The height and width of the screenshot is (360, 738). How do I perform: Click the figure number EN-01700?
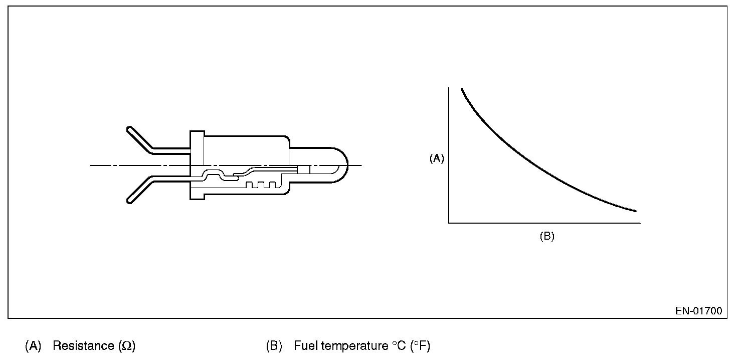pos(698,311)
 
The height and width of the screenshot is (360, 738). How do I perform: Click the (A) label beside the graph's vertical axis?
pos(437,158)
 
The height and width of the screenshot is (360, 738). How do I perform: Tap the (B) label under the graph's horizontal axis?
pos(546,237)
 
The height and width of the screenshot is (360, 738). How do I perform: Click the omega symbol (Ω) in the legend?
pos(127,346)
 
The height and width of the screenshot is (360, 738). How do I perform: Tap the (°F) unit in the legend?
pos(420,346)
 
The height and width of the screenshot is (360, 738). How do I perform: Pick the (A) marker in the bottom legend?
pos(33,346)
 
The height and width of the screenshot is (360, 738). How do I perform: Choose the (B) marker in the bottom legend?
pos(274,346)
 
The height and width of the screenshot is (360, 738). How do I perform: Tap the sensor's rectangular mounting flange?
pos(197,165)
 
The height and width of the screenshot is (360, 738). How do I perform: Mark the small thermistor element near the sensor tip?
pos(304,169)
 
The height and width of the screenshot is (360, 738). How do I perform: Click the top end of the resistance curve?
pos(462,90)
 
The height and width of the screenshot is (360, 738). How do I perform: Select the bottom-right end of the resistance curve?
pos(635,211)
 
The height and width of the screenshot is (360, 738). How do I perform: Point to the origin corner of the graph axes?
pos(449,222)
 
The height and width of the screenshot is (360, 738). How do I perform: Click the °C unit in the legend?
pos(398,346)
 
